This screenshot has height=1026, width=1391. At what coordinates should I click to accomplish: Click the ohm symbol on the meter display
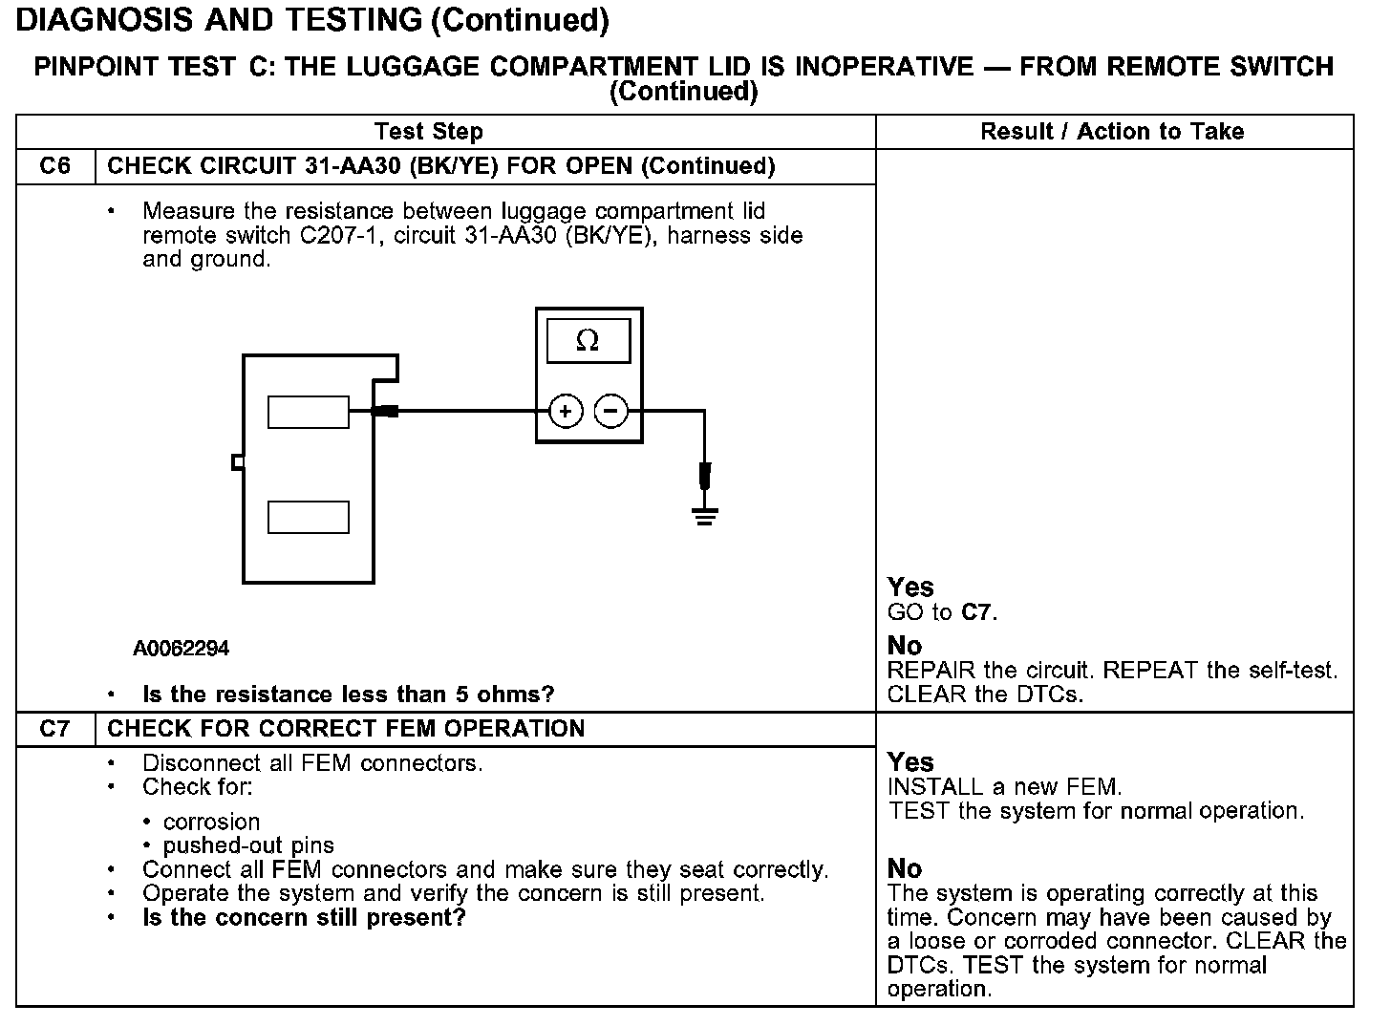[x=588, y=341]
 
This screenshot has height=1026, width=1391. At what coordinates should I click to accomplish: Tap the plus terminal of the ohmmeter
[x=566, y=412]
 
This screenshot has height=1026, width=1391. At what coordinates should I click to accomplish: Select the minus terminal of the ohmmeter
[x=611, y=412]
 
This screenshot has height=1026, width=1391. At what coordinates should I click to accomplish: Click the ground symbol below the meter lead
[x=705, y=518]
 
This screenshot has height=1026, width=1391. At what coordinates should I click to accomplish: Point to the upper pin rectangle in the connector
[x=309, y=412]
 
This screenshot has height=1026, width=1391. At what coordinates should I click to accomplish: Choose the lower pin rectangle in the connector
[x=309, y=517]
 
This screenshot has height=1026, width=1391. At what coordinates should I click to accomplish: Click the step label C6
[x=55, y=166]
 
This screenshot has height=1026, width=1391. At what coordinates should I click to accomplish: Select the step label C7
[x=55, y=729]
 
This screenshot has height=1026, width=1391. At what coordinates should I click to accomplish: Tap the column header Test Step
[x=429, y=132]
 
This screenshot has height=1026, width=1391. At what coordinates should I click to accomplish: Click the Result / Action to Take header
[x=1112, y=132]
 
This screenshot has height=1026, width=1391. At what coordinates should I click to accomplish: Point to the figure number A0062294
[x=182, y=649]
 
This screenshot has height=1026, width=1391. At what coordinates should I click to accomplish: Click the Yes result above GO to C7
[x=910, y=587]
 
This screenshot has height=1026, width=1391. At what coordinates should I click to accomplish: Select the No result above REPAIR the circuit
[x=905, y=646]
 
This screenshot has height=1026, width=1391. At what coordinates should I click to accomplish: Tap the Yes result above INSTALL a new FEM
[x=910, y=761]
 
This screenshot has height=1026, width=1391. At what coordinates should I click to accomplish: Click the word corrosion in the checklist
[x=211, y=822]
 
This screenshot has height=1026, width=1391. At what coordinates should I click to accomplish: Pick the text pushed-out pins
[x=248, y=845]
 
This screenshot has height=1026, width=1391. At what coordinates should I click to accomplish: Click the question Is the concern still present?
[x=304, y=918]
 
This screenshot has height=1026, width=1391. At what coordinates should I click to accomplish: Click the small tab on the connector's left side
[x=238, y=462]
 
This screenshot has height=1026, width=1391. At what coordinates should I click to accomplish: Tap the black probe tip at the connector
[x=386, y=412]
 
